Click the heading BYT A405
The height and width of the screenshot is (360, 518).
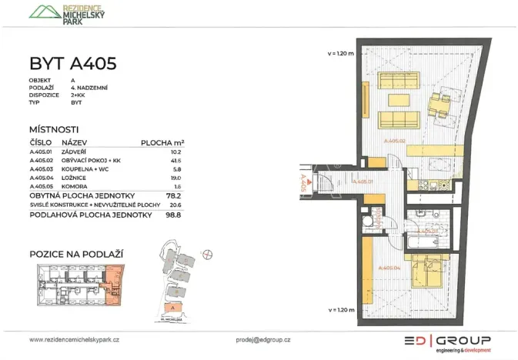[x=73, y=63]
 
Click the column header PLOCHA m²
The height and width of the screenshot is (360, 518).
[x=162, y=142]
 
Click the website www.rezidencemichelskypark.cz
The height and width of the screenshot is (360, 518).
[x=75, y=339]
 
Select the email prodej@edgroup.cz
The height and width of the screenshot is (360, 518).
[x=262, y=339]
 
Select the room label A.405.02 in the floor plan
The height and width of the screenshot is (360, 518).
[x=393, y=142]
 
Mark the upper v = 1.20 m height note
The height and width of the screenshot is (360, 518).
[x=339, y=53]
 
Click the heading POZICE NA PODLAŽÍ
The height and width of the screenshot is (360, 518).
[x=76, y=253]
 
